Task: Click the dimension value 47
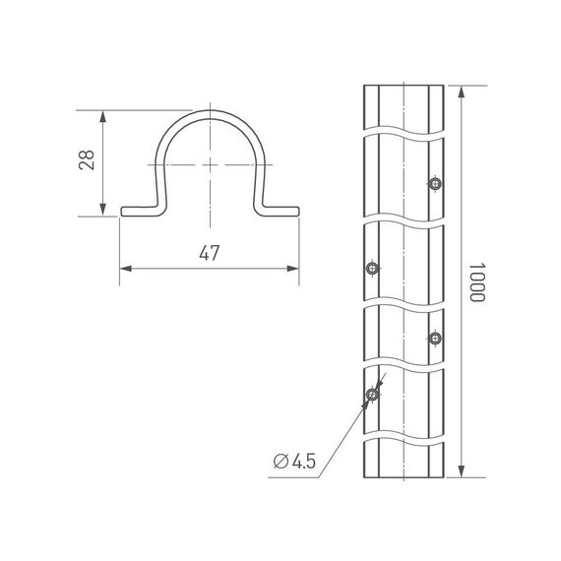209,254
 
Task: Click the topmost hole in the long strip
435,184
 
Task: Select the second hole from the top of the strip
371,268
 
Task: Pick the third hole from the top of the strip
435,339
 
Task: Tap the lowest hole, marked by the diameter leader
371,396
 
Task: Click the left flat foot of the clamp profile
138,211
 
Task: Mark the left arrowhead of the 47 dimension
125,269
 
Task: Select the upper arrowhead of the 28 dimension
102,113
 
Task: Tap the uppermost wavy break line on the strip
404,130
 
